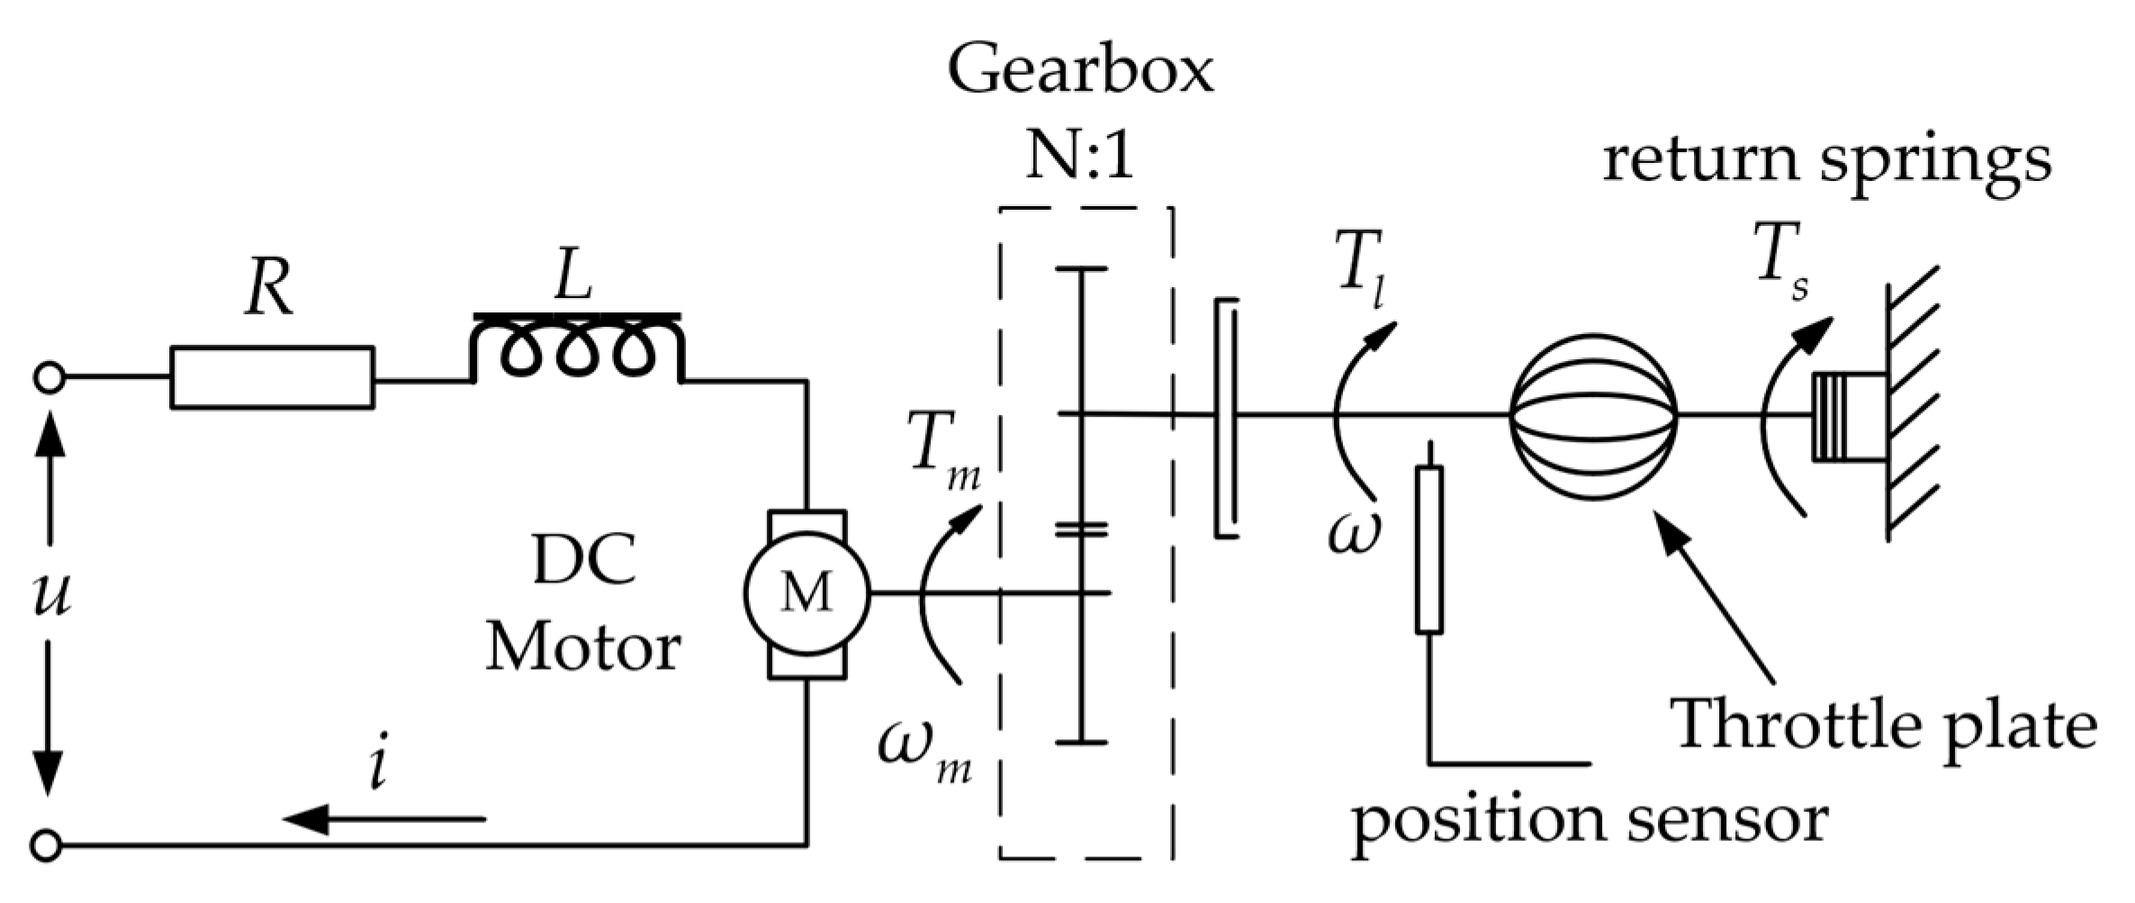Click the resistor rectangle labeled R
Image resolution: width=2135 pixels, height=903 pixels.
click(272, 377)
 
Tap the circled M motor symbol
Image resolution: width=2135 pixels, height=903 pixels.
click(806, 592)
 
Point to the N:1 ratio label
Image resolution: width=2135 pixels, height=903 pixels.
click(1080, 160)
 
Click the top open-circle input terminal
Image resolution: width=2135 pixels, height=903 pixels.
click(48, 378)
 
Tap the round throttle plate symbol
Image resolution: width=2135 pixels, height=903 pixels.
click(1593, 416)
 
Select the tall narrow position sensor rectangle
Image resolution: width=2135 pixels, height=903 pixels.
click(1428, 549)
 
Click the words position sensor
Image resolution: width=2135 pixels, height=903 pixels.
click(1590, 819)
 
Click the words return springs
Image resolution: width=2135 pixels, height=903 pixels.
click(1827, 160)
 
